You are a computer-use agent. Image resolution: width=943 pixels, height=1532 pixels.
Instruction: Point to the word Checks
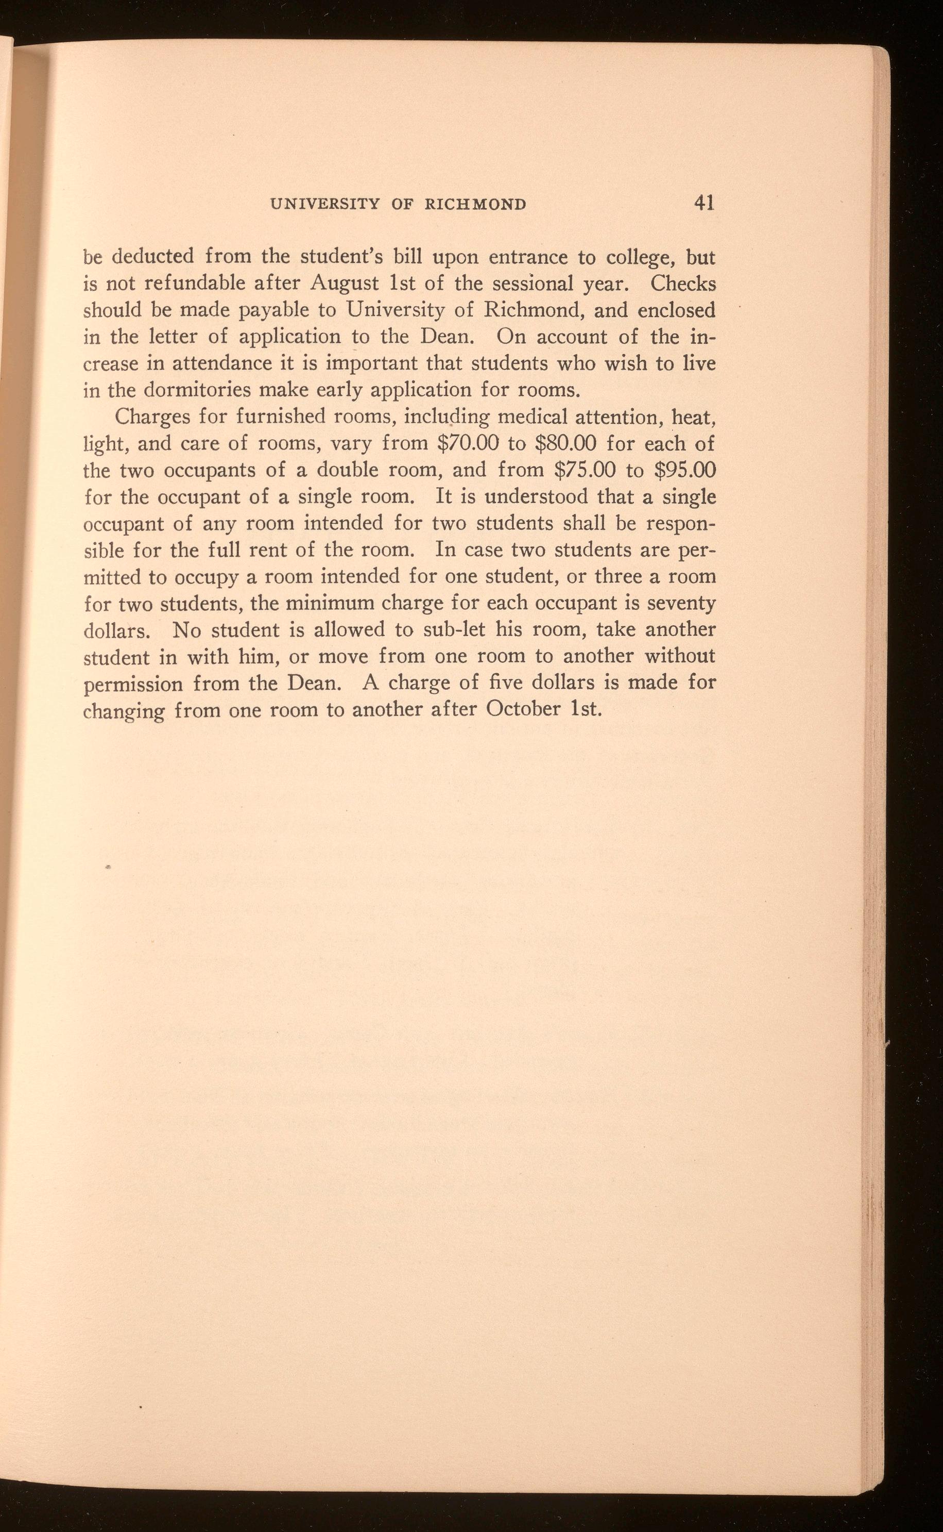(x=682, y=284)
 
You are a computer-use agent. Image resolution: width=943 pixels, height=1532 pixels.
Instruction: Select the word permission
(x=133, y=684)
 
